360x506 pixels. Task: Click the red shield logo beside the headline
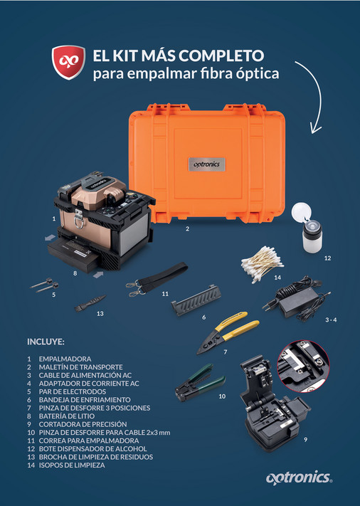[x=65, y=63]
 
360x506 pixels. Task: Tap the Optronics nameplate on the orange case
[x=208, y=163]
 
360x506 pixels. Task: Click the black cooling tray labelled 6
[x=198, y=307]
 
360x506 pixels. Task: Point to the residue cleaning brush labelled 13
[x=89, y=303]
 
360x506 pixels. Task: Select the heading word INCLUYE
[x=46, y=341]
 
